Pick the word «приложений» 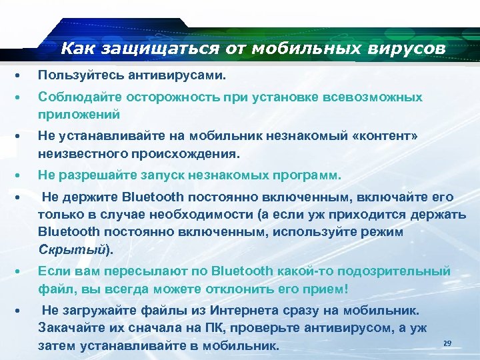[79, 114]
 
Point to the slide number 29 [447, 343]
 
